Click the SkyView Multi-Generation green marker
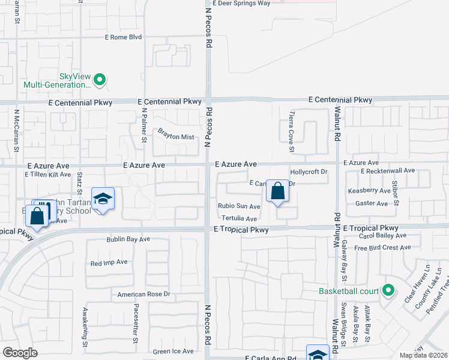coord(100,79)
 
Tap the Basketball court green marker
coord(388,292)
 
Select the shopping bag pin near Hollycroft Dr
coord(277,192)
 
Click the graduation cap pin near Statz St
coord(103,199)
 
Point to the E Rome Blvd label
coord(123,37)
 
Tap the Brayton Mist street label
coord(176,137)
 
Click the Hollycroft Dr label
coord(309,172)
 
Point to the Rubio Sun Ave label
coord(239,206)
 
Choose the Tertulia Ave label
coord(239,219)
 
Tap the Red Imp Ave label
coord(109,263)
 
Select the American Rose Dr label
coord(144,294)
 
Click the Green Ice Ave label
coord(173,351)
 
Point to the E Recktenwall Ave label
coord(388,171)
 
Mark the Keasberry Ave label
coord(369,191)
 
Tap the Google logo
coord(20,353)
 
